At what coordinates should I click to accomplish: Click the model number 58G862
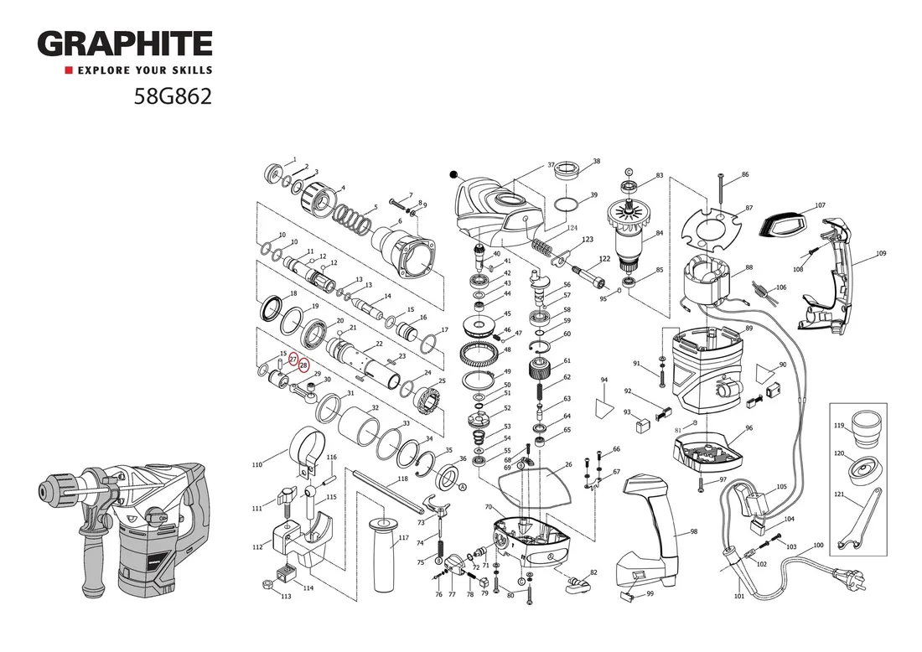click(x=173, y=97)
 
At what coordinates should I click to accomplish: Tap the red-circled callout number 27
click(x=293, y=360)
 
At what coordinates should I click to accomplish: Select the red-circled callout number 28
click(x=303, y=365)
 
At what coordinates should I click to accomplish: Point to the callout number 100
click(x=818, y=546)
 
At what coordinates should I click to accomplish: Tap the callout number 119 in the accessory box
click(x=839, y=426)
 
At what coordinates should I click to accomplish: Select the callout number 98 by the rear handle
click(x=694, y=532)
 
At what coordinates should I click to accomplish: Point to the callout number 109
click(x=881, y=253)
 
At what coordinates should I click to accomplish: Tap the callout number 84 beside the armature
click(x=660, y=233)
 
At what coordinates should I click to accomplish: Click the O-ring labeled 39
click(x=567, y=204)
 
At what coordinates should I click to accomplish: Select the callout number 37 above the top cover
click(x=552, y=164)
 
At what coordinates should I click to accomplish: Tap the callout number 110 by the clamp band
click(x=257, y=464)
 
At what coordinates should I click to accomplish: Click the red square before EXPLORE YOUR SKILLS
click(x=70, y=70)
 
